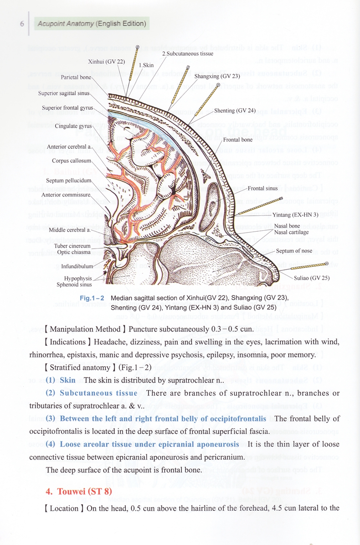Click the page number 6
click(x=21, y=23)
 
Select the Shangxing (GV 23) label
click(x=217, y=76)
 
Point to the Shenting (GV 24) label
click(x=231, y=110)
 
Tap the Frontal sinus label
click(x=262, y=188)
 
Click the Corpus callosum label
click(x=72, y=161)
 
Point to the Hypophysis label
click(x=78, y=278)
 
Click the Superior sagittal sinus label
click(x=64, y=93)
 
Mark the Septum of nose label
click(x=294, y=251)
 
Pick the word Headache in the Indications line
click(x=111, y=342)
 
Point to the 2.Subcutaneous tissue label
click(x=187, y=53)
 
